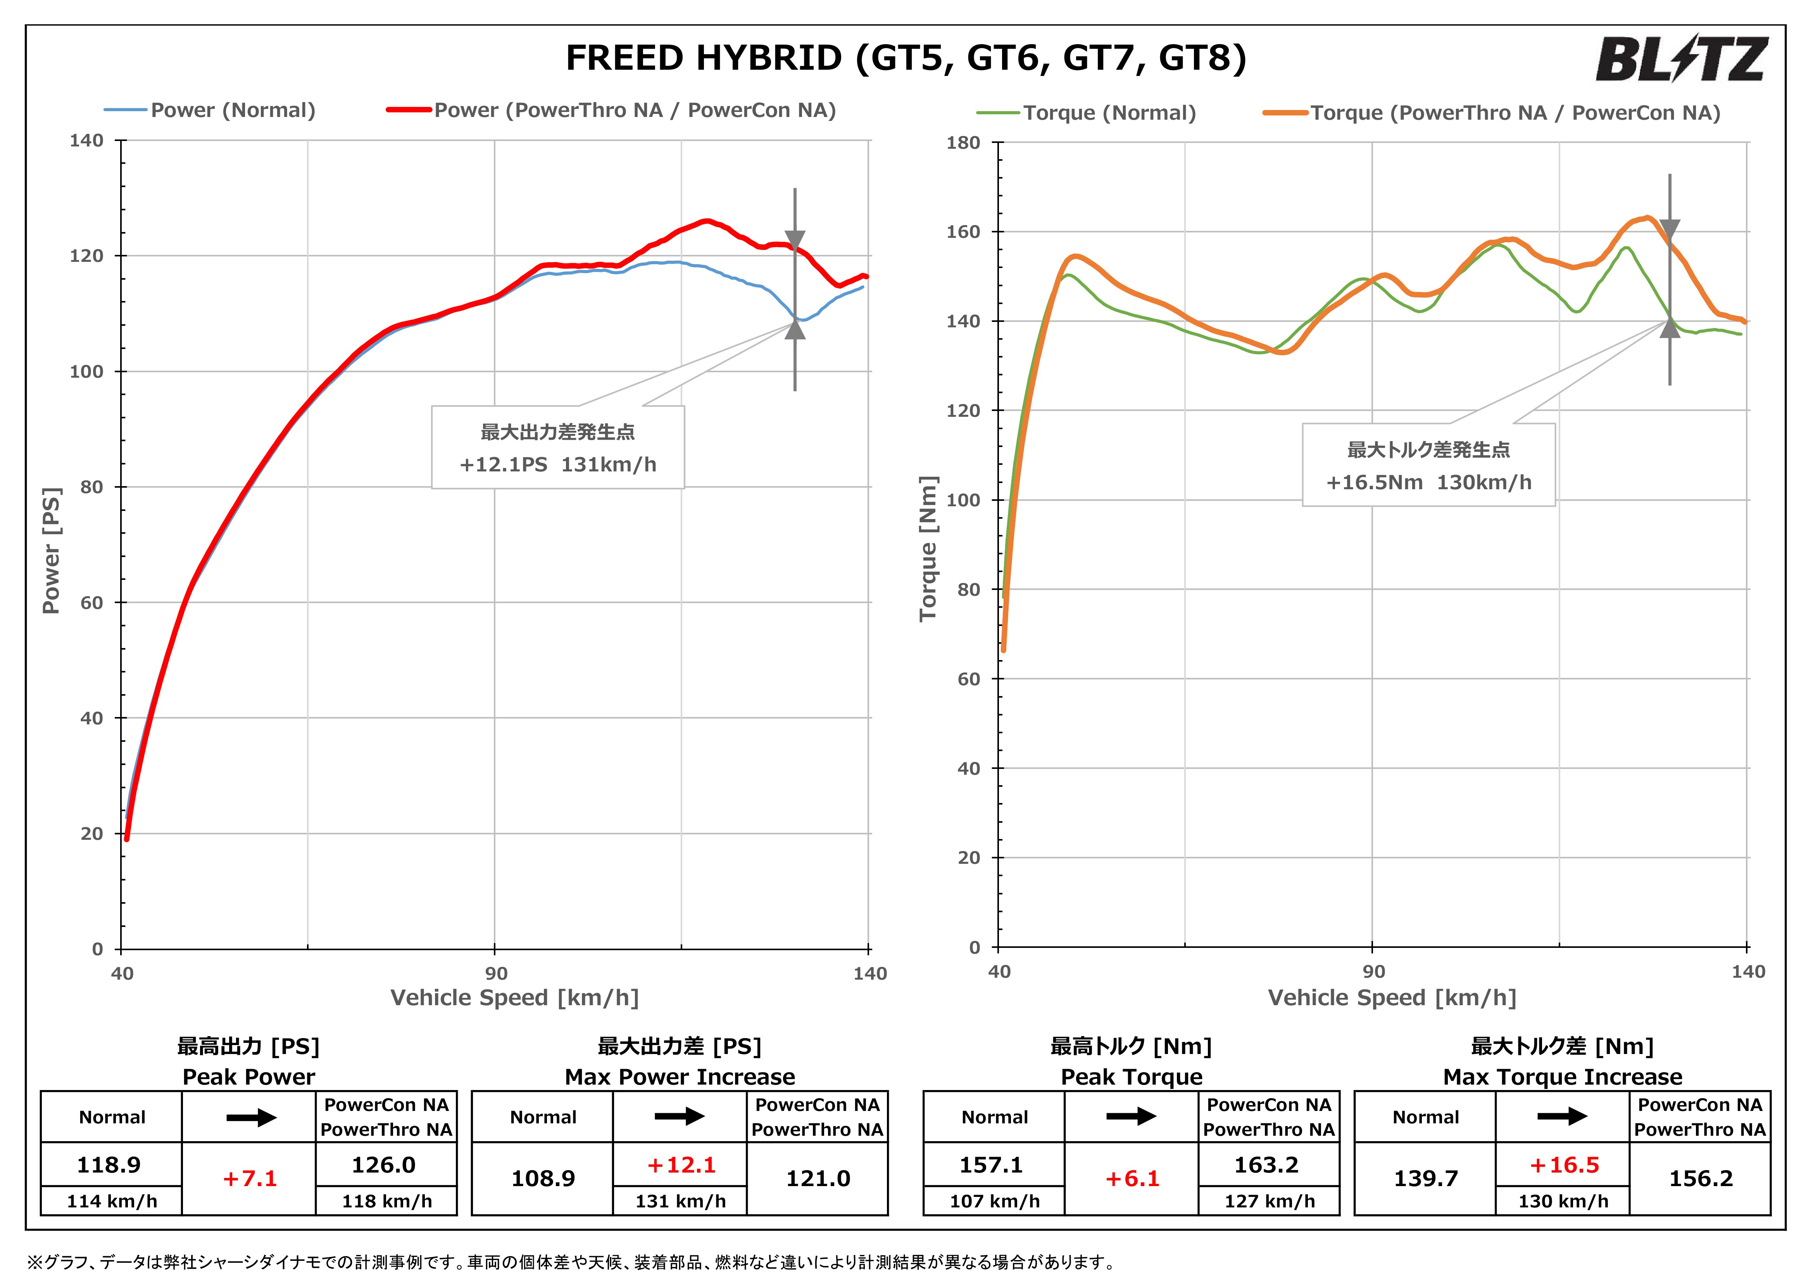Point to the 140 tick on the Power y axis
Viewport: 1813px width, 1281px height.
87,141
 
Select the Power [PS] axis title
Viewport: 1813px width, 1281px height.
51,550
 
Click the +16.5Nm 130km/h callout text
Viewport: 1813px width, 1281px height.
1428,482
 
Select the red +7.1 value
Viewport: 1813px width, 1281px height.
250,1178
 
